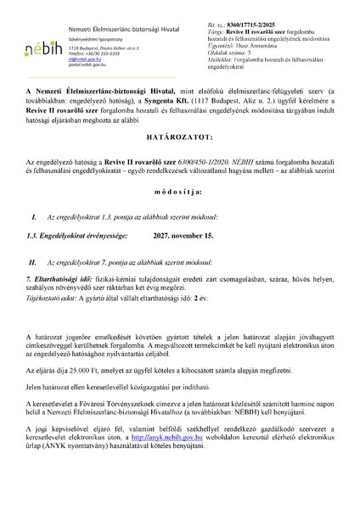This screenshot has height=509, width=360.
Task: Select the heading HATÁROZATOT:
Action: (179, 159)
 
